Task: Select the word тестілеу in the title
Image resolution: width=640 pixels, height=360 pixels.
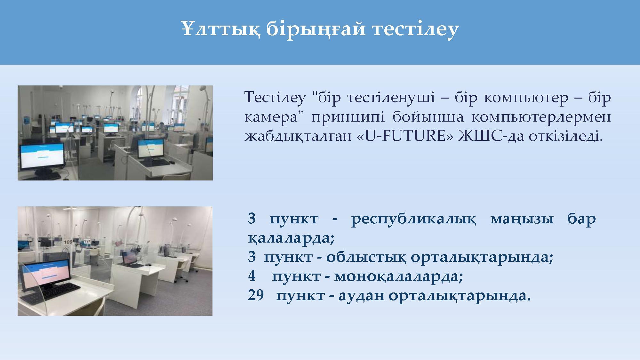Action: click(x=415, y=29)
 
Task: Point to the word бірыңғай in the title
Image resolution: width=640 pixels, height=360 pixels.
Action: click(x=315, y=29)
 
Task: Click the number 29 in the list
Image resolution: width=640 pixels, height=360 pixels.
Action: click(x=256, y=295)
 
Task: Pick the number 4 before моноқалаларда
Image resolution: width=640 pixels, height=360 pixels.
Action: click(x=252, y=276)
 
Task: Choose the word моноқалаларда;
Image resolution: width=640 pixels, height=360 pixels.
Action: click(x=398, y=276)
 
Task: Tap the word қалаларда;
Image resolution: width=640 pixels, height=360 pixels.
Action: click(x=291, y=239)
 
